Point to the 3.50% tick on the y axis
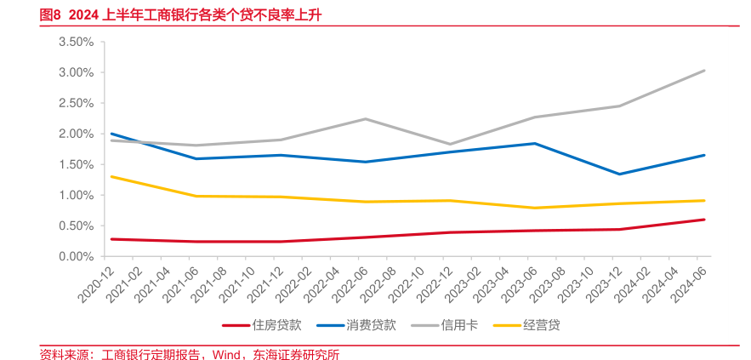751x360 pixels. pyautogui.click(x=76, y=42)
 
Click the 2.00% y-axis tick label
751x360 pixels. pyautogui.click(x=76, y=134)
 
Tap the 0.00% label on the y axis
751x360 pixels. pyautogui.click(x=76, y=256)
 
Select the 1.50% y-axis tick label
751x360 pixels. pyautogui.click(x=76, y=164)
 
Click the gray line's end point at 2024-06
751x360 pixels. pyautogui.click(x=704, y=71)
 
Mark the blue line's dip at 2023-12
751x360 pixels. pyautogui.click(x=619, y=174)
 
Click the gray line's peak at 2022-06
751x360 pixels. pyautogui.click(x=366, y=119)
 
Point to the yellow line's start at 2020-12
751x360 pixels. pyautogui.click(x=111, y=176)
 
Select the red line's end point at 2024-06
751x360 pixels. pyautogui.click(x=704, y=220)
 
